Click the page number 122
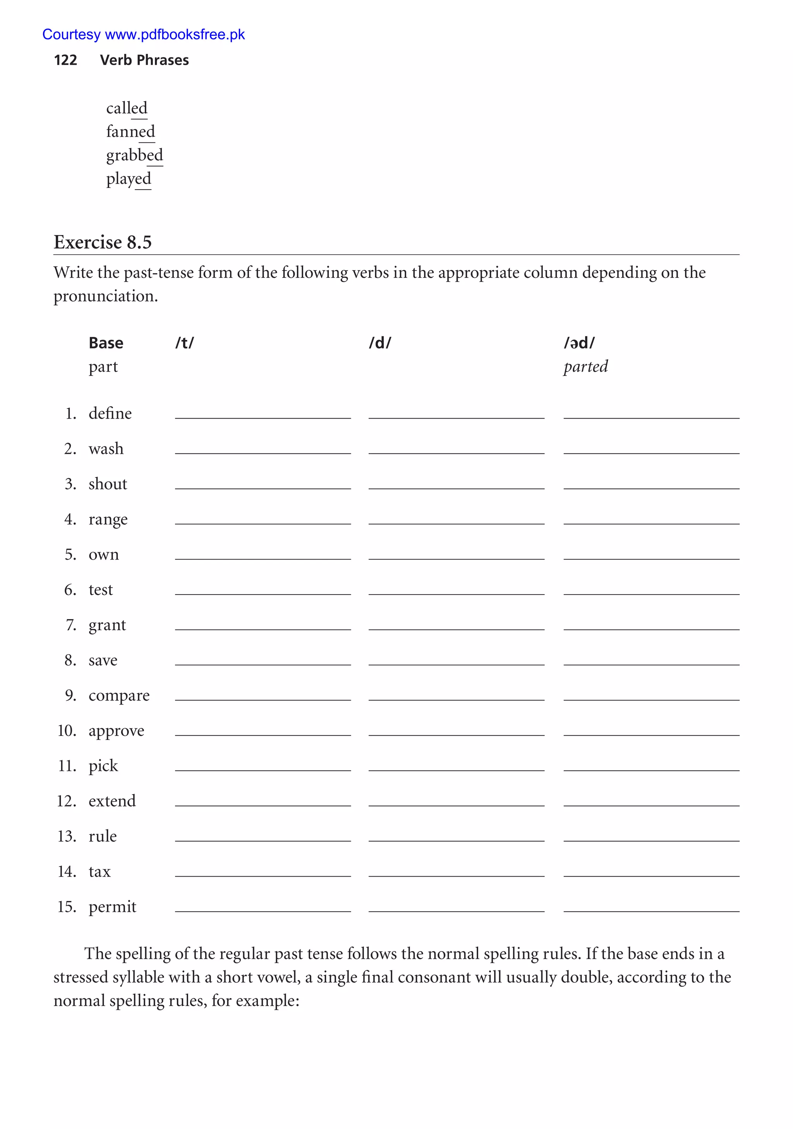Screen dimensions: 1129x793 point(65,60)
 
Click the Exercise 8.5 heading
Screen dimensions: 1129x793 point(102,242)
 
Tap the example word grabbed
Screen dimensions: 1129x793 point(134,155)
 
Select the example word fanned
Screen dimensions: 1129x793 point(130,132)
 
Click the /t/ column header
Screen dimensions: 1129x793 point(184,343)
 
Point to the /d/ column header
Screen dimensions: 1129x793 point(380,343)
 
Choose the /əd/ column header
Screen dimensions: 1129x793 point(579,343)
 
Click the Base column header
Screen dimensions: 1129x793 point(106,343)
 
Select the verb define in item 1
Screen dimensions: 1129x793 point(110,414)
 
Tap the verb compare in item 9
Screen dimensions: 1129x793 point(119,695)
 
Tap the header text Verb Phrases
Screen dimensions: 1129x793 point(144,60)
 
